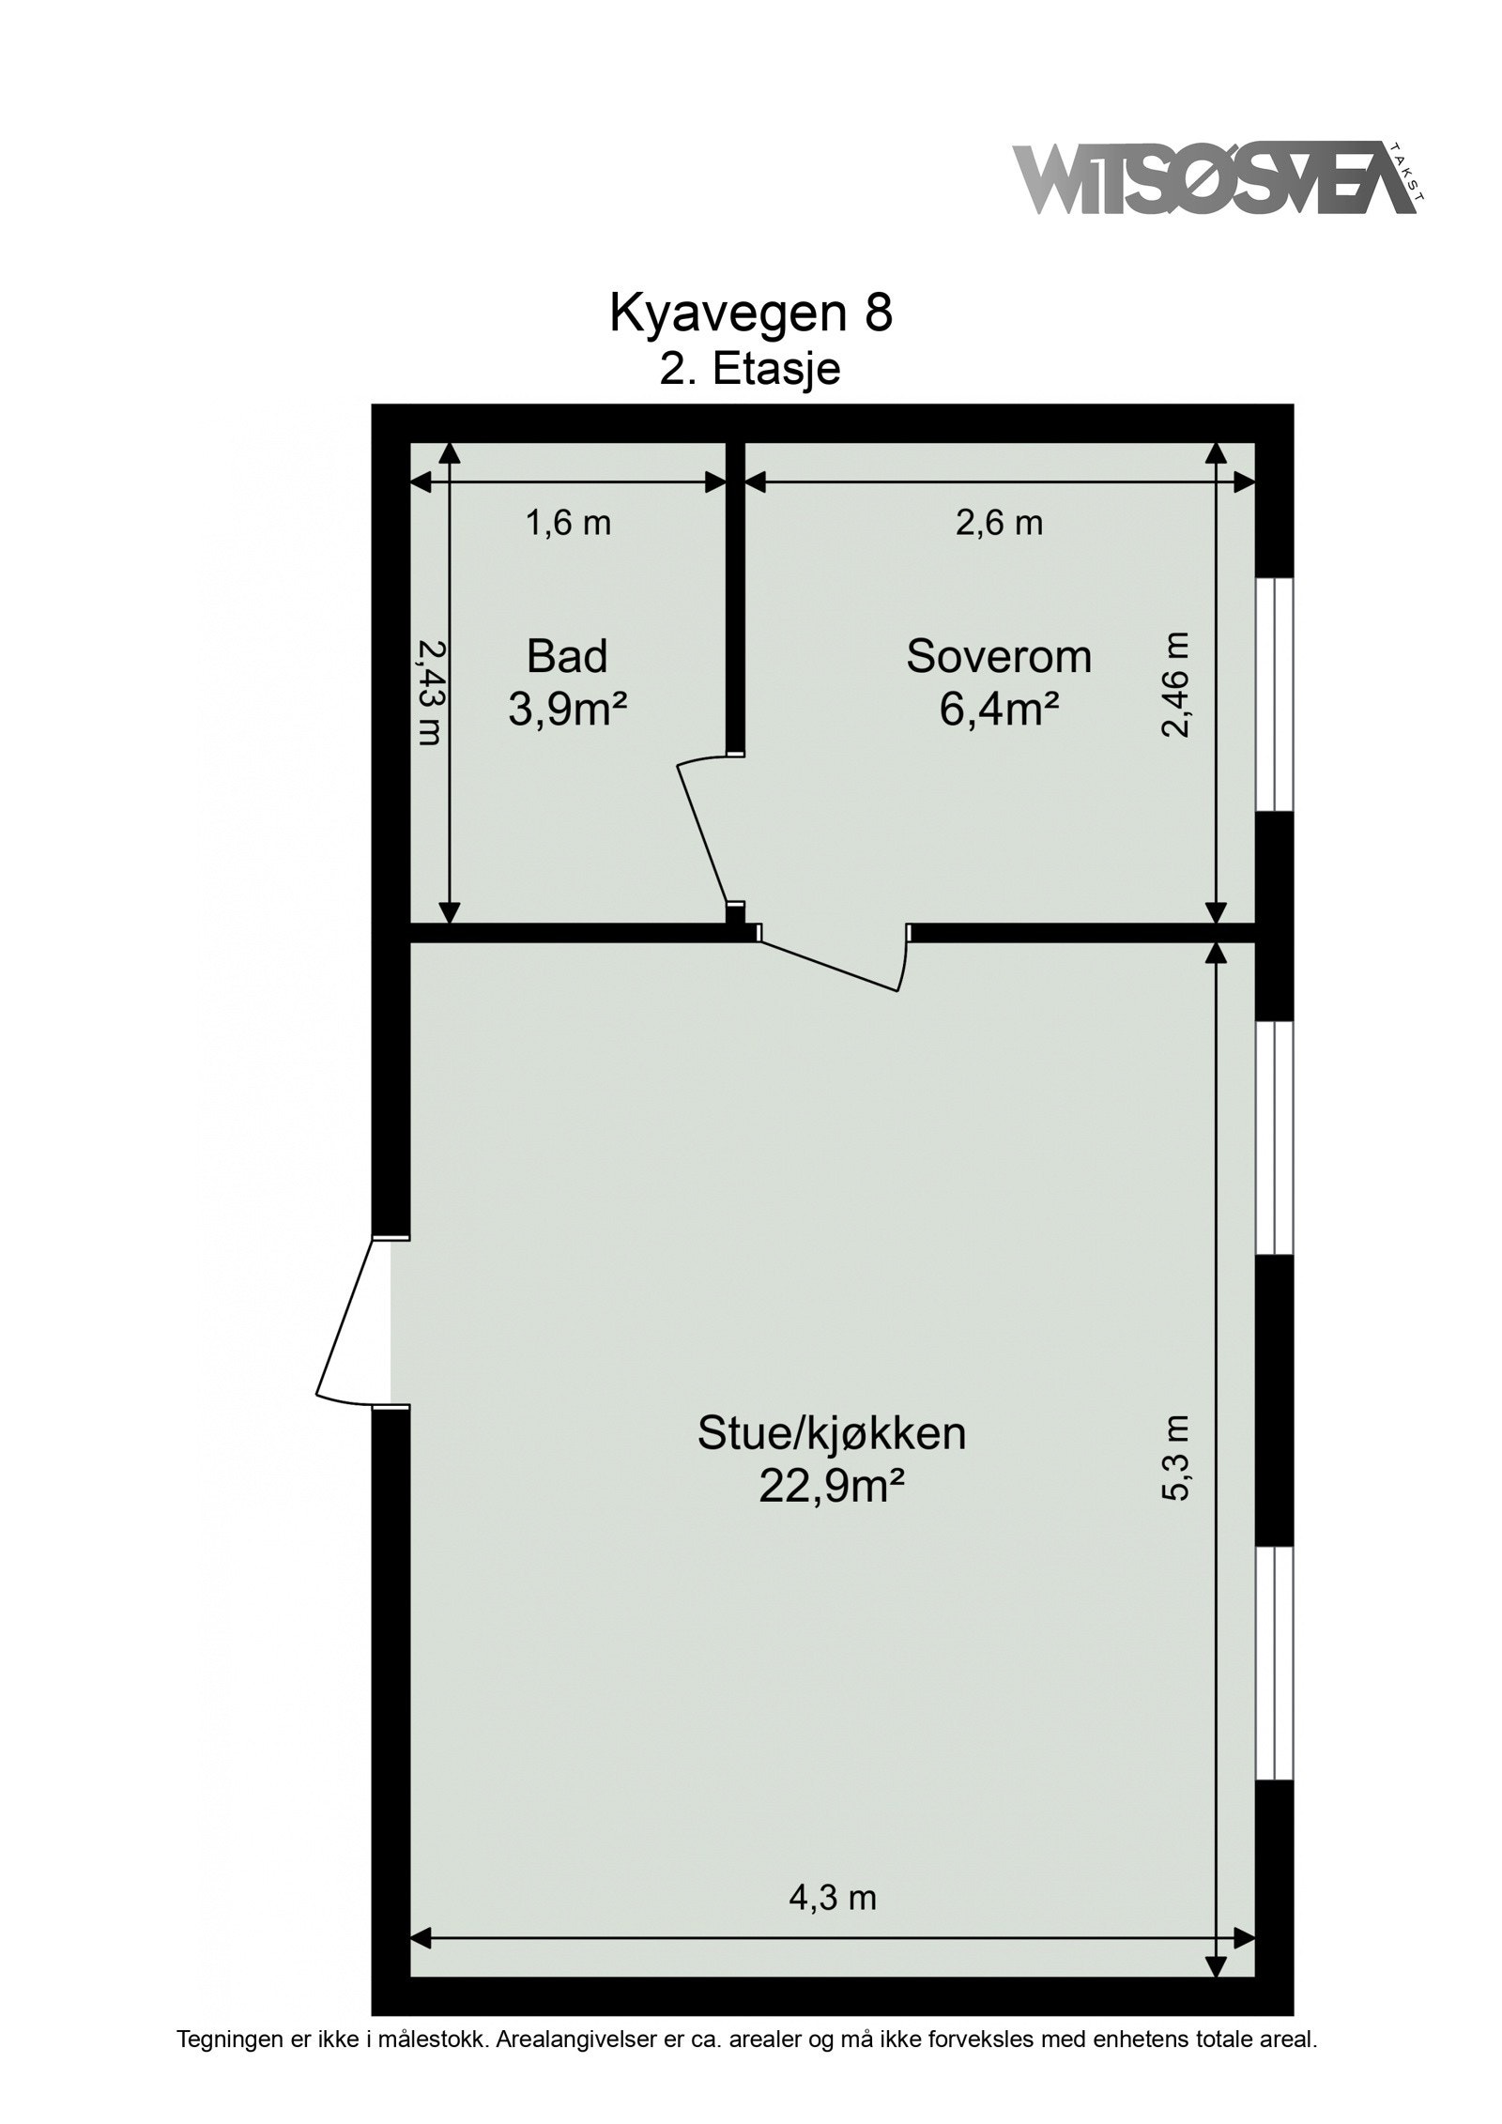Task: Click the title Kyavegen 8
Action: pyautogui.click(x=750, y=313)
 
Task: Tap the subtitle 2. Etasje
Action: pyautogui.click(x=749, y=369)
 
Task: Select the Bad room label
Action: pyautogui.click(x=567, y=656)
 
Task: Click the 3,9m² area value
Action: pyautogui.click(x=567, y=711)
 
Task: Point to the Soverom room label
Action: pyautogui.click(x=999, y=656)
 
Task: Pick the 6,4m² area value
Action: pyautogui.click(x=999, y=711)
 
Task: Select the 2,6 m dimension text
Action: pyautogui.click(x=999, y=523)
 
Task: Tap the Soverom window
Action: pyautogui.click(x=1274, y=693)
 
